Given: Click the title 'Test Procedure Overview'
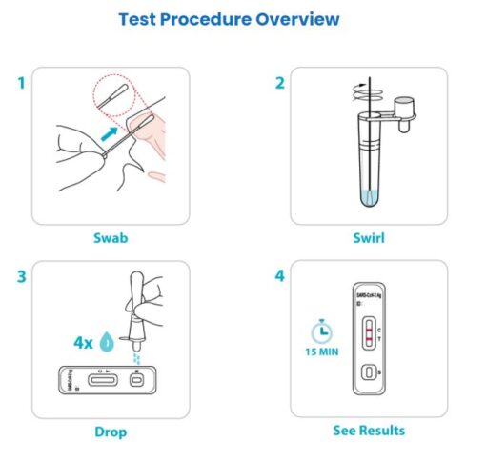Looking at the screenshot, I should pyautogui.click(x=229, y=19).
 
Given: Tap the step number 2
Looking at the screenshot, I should pyautogui.click(x=279, y=83).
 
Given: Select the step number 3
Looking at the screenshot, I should pyautogui.click(x=20, y=278).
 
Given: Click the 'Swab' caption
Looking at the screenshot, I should pyautogui.click(x=111, y=237).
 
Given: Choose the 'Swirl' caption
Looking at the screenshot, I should pyautogui.click(x=368, y=237).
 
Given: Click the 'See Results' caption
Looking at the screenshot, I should pyautogui.click(x=368, y=431).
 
